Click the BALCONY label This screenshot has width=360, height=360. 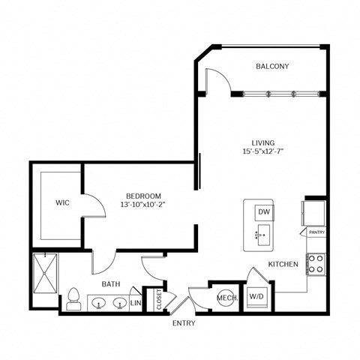pos(271,67)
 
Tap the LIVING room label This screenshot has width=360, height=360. pos(262,142)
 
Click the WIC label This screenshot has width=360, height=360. pos(62,202)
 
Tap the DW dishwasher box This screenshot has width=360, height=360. pos(263,212)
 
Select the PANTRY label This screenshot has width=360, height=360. pos(316,233)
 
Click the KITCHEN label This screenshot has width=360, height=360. pos(284,264)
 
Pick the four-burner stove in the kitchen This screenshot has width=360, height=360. pos(315,263)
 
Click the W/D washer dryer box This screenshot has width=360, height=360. pos(256,297)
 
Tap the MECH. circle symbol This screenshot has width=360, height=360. pos(226,297)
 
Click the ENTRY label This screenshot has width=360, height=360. pos(184,323)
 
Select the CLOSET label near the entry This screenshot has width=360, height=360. pos(158,299)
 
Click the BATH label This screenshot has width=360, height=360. pos(110,284)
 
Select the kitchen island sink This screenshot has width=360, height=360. pos(262,236)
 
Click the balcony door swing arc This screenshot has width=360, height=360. pos(216,79)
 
